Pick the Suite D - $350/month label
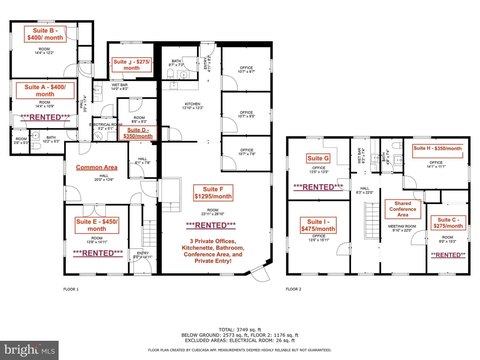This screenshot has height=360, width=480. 137,132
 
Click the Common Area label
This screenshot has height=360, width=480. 87,167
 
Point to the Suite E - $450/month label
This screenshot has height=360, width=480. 97,223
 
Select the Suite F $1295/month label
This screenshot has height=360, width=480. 211,194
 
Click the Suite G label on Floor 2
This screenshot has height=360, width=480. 318,158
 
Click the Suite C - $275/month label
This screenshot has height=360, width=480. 447,223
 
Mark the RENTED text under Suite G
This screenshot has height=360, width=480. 318,187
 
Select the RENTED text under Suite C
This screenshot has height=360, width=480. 447,254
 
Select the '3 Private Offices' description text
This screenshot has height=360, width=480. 211,242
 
